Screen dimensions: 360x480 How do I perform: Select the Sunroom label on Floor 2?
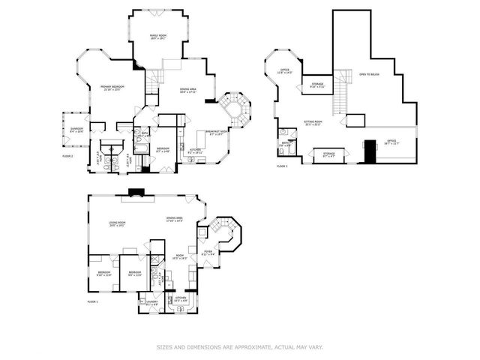click(x=76, y=130)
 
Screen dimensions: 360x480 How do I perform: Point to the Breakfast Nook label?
click(x=218, y=133)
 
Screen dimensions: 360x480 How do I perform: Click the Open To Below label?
click(x=368, y=75)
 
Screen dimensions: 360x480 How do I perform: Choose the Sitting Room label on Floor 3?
click(x=313, y=121)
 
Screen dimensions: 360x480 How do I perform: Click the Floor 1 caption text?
click(x=93, y=301)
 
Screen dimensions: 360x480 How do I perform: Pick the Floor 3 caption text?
click(x=282, y=164)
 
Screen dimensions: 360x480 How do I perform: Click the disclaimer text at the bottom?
click(x=239, y=347)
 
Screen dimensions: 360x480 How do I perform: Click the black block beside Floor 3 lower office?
click(x=370, y=151)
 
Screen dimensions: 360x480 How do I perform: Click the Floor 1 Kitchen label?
click(x=181, y=299)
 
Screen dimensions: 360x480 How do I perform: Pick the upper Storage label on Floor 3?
click(x=316, y=85)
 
